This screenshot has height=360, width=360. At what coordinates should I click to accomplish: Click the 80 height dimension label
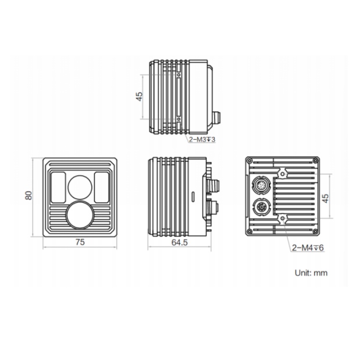28,195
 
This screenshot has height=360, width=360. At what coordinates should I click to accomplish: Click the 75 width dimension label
80,242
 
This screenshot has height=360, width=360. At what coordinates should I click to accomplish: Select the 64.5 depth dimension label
180,242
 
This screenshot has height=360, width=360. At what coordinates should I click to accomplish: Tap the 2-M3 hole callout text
202,139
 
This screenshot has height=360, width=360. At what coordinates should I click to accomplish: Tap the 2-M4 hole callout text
308,248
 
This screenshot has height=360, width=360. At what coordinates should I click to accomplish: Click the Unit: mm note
311,273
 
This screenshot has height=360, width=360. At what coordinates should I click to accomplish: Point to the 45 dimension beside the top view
139,96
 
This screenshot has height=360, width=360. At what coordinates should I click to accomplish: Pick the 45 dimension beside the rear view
325,198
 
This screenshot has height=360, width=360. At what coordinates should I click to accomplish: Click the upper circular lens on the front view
80,187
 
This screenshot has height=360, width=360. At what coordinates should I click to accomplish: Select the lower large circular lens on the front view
80,216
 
